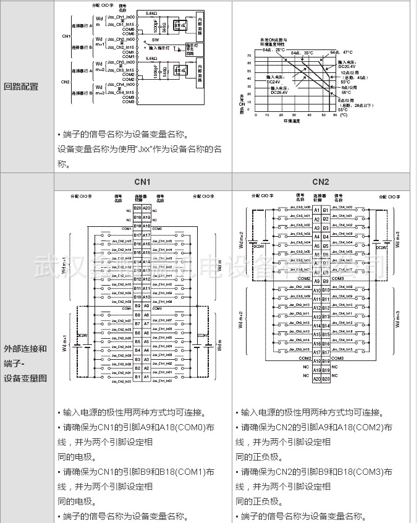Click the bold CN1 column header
(x=143, y=182)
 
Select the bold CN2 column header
(x=321, y=182)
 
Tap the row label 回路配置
(x=21, y=87)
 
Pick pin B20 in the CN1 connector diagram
(x=137, y=208)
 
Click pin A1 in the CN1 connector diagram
(x=146, y=376)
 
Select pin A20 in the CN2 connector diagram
(x=316, y=379)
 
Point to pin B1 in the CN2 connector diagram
(x=325, y=210)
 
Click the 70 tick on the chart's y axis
(x=249, y=56)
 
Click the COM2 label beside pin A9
(x=304, y=279)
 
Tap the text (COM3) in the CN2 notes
(x=366, y=472)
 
